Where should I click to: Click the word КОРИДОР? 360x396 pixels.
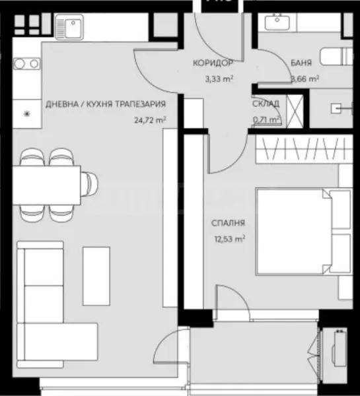212,64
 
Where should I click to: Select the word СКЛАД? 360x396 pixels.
266,104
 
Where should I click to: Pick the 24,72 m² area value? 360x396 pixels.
149,119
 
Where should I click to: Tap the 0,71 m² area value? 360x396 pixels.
267,119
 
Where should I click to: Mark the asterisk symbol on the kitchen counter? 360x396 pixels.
26,114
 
